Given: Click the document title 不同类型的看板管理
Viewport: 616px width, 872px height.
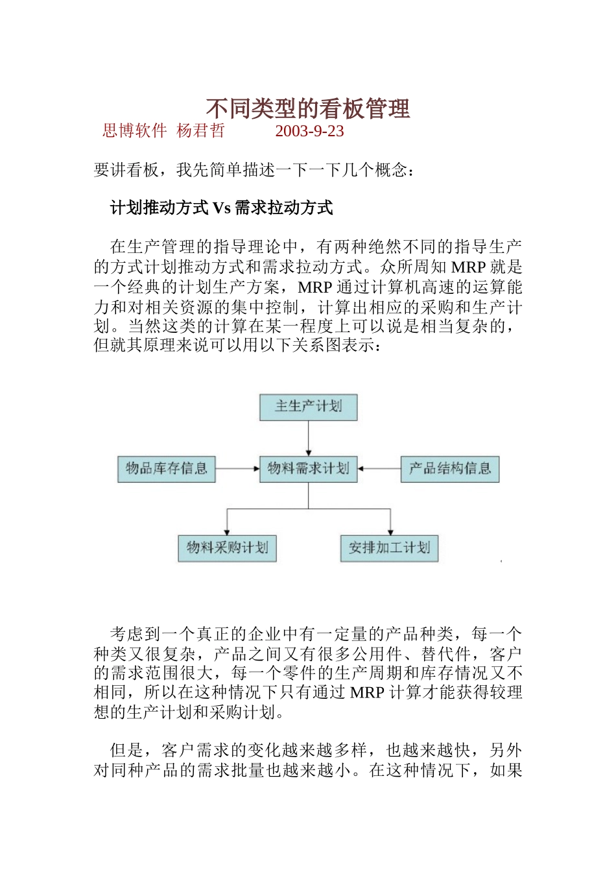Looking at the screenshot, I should (x=308, y=109).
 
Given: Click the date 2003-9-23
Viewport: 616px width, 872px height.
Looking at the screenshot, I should (x=309, y=131).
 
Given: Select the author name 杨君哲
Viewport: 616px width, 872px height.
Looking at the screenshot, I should (x=200, y=131).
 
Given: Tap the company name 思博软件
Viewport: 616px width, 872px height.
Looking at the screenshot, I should (x=134, y=131).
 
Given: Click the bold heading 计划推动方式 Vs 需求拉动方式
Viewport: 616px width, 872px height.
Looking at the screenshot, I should (x=221, y=208).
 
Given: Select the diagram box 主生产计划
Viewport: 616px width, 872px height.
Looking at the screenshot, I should (x=308, y=407).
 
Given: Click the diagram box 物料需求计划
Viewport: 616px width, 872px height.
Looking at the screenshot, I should (x=308, y=468).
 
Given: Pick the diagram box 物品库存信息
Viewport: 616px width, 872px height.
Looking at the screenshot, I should (x=166, y=468).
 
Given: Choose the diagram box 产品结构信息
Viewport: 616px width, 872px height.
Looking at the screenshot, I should (x=450, y=468).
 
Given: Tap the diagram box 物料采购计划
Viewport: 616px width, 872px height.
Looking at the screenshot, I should (x=227, y=548).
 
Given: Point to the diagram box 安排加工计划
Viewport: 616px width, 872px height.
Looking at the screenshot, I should (x=389, y=548).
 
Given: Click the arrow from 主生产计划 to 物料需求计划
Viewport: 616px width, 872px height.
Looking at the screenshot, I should (x=308, y=438).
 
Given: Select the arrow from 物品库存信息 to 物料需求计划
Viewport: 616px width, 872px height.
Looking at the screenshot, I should (x=237, y=468).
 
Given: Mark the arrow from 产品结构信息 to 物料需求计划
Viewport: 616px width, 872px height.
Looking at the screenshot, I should (x=379, y=468).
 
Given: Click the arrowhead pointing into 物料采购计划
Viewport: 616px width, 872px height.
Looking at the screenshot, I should (x=227, y=531).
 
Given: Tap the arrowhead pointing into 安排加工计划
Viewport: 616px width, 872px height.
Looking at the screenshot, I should (x=390, y=531).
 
